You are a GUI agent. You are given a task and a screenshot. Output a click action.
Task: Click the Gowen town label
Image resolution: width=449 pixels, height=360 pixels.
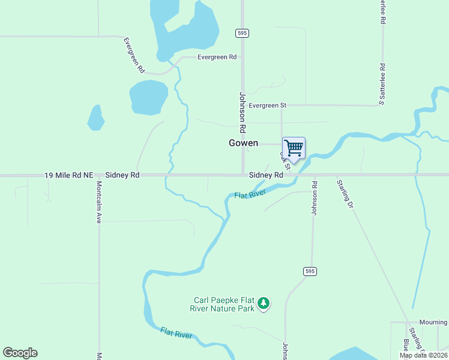243,143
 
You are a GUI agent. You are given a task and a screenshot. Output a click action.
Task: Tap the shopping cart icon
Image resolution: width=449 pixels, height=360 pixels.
294,148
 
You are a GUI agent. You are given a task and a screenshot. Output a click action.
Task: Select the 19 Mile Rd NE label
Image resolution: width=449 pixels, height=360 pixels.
69,175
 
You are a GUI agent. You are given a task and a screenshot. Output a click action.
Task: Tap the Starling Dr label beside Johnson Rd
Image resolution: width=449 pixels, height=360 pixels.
345,193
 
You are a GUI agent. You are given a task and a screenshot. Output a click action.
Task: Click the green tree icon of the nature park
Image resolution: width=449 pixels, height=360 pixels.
263,304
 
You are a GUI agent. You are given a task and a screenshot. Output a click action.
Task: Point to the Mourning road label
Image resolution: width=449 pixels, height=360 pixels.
433,322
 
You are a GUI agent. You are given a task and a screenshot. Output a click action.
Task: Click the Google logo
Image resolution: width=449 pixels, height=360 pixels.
20,353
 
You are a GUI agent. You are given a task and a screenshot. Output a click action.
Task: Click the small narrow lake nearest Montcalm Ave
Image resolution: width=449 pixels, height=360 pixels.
95,118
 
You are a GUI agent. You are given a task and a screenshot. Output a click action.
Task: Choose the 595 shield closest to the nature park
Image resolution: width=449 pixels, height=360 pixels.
309,271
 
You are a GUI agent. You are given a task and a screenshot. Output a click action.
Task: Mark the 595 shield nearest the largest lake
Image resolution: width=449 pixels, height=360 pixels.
242,34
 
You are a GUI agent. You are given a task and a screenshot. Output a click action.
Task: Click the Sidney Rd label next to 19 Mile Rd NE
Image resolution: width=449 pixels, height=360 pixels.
122,175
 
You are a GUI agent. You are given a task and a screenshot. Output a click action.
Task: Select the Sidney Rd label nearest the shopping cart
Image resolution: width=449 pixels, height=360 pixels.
266,175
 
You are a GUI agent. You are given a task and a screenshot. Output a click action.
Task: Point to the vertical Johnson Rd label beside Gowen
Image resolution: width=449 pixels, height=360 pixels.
243,112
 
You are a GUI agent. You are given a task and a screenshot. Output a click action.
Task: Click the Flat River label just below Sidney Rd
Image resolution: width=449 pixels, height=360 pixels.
250,195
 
